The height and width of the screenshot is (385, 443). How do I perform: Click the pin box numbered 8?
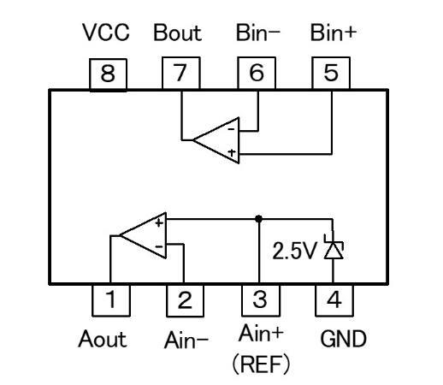click(108, 74)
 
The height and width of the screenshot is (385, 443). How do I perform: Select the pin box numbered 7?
click(181, 73)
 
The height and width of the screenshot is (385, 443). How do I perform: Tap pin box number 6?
click(257, 73)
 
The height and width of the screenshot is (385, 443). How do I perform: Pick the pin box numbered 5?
click(331, 73)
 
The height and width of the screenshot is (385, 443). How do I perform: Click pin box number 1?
click(111, 300)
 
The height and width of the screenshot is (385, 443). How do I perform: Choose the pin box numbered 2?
click(185, 300)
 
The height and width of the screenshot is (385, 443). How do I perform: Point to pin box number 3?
click(261, 300)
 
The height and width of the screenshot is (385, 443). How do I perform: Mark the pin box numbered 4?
click(334, 300)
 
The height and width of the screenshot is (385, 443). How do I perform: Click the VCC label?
click(106, 32)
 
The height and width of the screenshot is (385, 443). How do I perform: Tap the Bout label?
click(178, 33)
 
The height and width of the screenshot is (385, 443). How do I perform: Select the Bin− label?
click(258, 33)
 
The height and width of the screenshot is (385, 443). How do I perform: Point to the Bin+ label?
click(334, 33)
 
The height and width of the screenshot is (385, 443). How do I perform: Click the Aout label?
click(103, 339)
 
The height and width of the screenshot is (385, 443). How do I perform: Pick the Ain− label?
click(186, 340)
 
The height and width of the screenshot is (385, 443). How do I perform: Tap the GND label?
click(343, 339)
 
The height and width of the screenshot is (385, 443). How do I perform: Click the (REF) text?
click(261, 364)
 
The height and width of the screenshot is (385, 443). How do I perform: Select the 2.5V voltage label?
click(294, 251)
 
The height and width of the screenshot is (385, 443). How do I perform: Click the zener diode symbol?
click(334, 246)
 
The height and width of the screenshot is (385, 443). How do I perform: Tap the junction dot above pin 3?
click(259, 219)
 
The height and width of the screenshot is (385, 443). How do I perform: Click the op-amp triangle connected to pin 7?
click(216, 140)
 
